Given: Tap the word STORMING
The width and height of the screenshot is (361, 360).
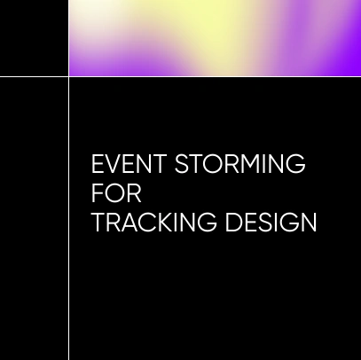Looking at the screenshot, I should click(240, 165).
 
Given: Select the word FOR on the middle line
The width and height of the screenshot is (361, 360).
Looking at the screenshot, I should click(116, 193).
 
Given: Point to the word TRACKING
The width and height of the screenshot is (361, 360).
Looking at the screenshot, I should click(154, 222).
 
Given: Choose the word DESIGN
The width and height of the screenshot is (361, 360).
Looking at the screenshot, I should click(271, 222).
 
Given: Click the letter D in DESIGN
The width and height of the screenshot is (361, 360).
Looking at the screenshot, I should click(233, 222).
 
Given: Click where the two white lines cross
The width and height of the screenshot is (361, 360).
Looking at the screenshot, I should click(68, 77).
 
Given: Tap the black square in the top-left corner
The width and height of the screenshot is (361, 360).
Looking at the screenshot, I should click(34, 38).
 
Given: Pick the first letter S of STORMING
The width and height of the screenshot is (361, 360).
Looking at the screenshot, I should click(183, 165).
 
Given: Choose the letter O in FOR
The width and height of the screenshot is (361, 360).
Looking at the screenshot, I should click(115, 193).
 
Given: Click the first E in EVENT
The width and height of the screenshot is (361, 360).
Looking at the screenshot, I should click(98, 165).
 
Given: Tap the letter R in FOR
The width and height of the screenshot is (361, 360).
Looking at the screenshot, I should click(134, 193).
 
